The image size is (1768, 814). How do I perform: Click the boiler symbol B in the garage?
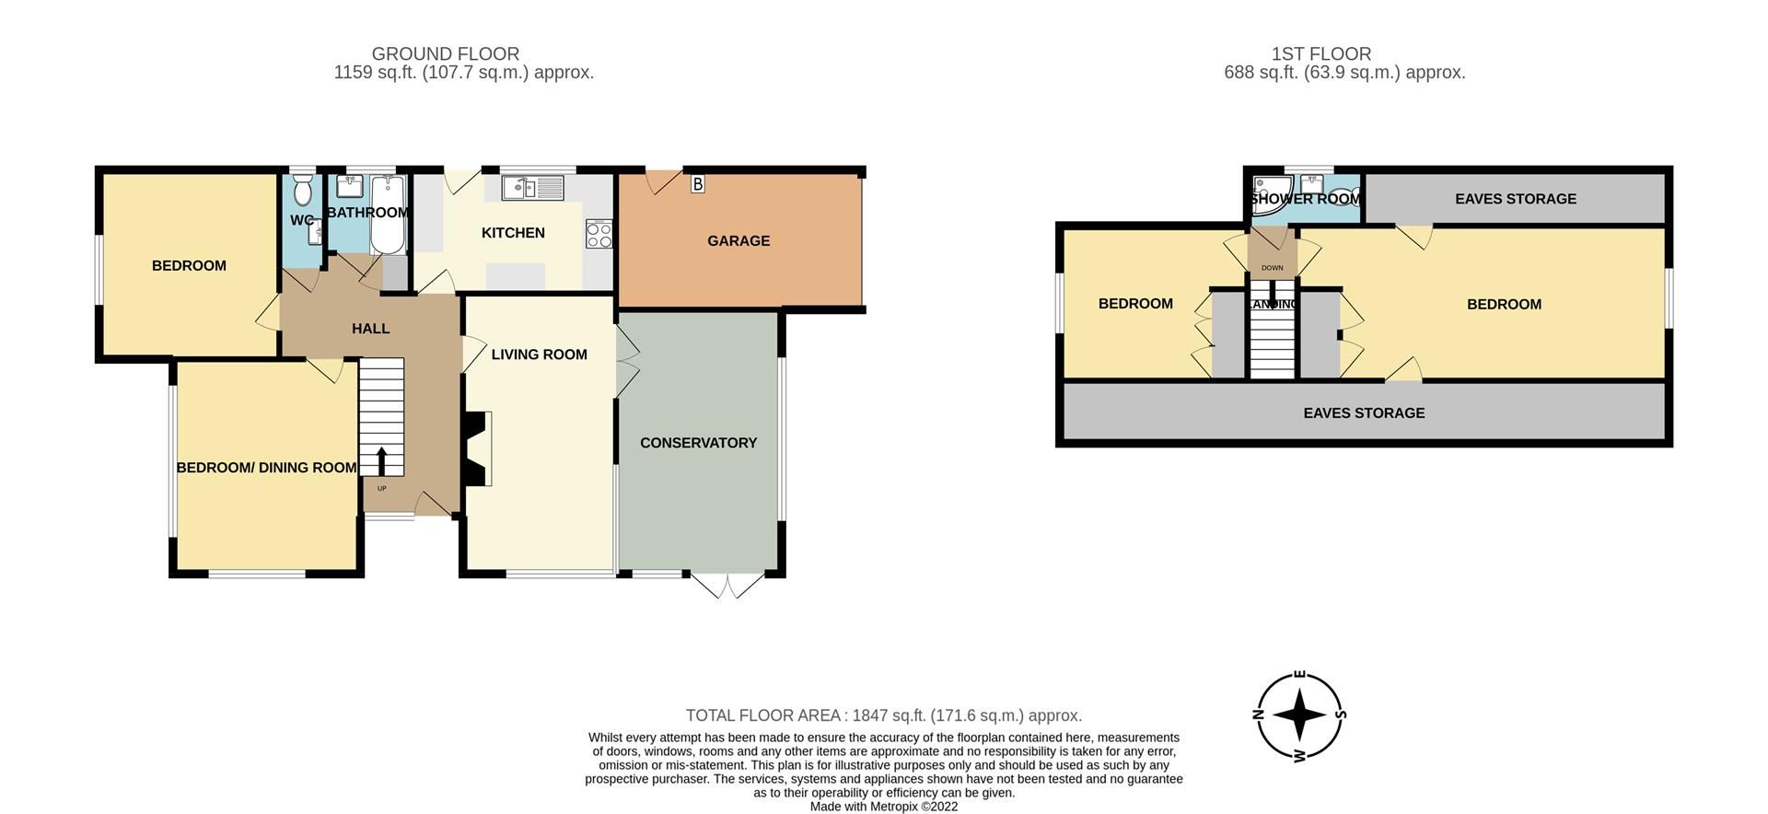(697, 184)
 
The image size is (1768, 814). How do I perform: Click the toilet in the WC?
(302, 192)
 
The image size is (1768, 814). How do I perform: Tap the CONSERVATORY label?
(698, 443)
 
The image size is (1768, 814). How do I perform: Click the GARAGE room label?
(739, 241)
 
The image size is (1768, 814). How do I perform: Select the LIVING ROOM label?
(539, 355)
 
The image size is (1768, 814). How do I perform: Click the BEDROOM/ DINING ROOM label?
(266, 468)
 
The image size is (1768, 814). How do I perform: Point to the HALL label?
(370, 329)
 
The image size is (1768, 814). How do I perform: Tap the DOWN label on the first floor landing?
(1272, 268)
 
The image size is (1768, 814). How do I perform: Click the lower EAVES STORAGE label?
(1364, 413)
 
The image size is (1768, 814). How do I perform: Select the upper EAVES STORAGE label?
(1515, 199)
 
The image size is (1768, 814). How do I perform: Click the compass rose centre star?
(1298, 715)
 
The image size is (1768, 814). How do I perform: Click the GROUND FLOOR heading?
(445, 54)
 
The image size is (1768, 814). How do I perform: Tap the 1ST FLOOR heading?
(1321, 54)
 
